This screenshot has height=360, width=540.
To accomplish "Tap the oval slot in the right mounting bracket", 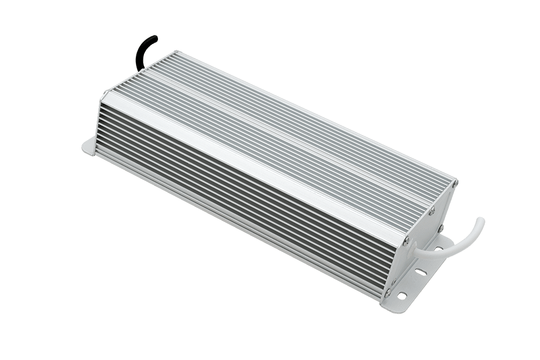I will [x=421, y=272].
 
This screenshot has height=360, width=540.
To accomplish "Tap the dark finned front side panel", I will [x=225, y=195].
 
